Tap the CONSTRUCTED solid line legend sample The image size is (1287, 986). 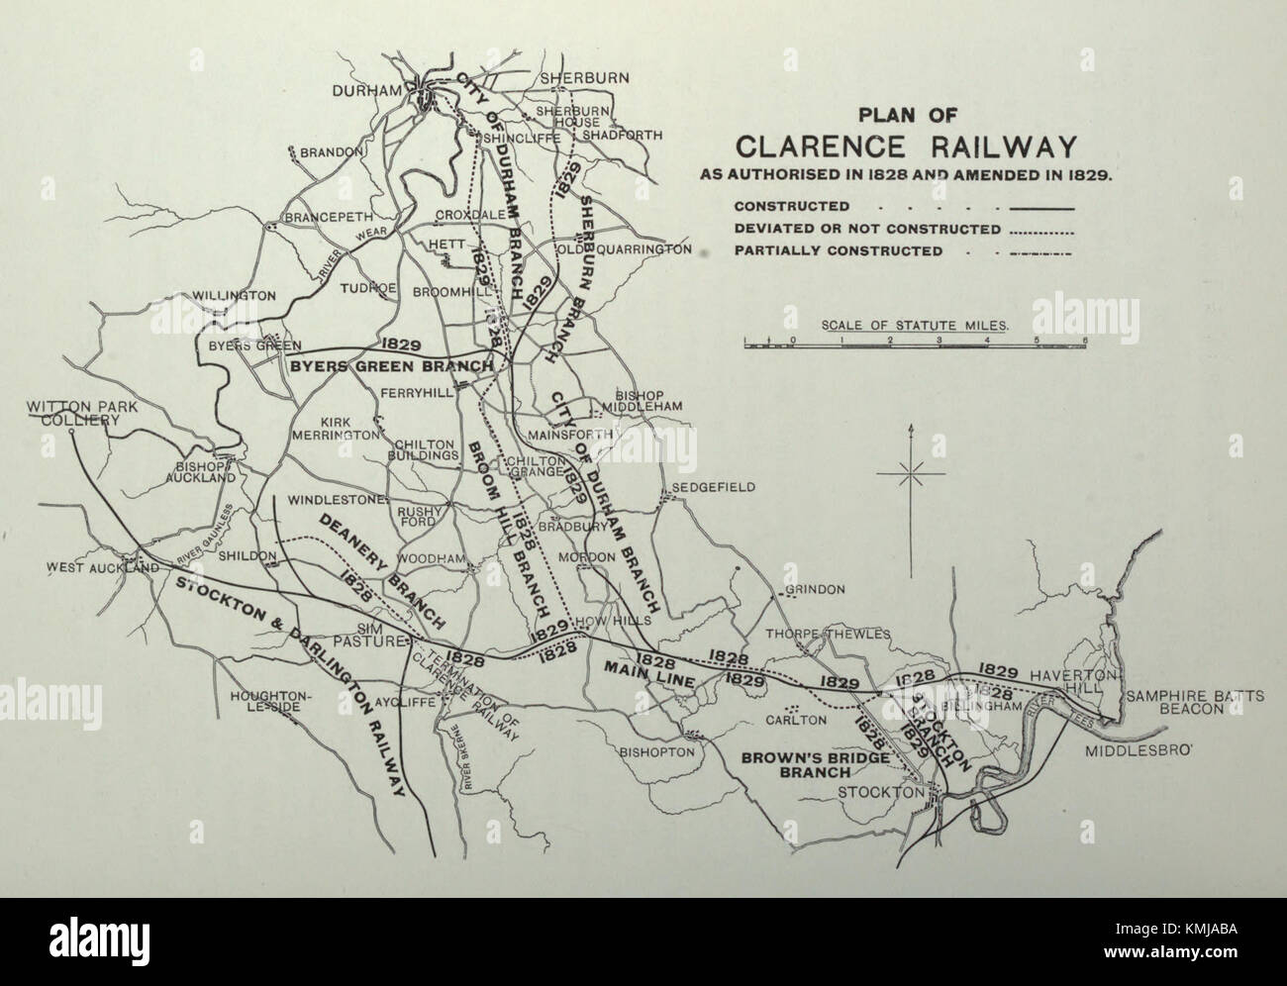pos(1040,208)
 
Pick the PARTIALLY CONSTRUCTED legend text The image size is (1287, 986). pos(838,251)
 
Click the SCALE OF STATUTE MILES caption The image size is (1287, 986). pos(915,324)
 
